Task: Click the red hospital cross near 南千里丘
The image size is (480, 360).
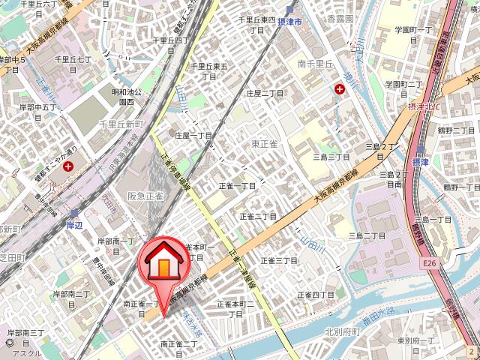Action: coord(341,89)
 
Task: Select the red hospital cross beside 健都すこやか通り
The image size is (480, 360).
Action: coord(69,166)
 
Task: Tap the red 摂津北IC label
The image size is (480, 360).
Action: coord(424,108)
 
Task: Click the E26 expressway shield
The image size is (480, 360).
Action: coord(429,264)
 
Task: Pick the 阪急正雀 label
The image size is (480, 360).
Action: coord(145,196)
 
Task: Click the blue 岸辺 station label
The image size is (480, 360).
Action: coord(73,224)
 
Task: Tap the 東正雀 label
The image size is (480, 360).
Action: coord(265,144)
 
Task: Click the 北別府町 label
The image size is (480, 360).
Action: coord(343,331)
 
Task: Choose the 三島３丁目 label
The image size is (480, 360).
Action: coord(331,157)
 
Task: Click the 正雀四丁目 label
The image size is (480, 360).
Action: coord(316,295)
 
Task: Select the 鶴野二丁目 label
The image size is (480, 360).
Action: coord(456,131)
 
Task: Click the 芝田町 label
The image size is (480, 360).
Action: coord(13,257)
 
